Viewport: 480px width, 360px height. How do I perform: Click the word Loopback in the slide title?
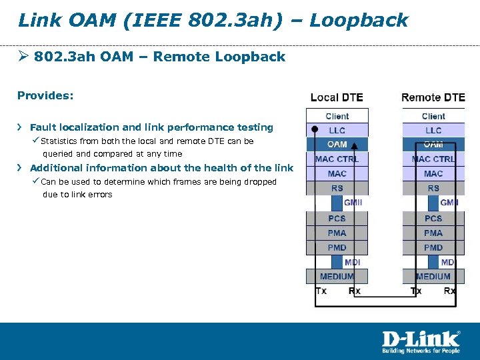pyautogui.click(x=359, y=20)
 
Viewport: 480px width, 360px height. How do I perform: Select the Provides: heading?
pyautogui.click(x=45, y=95)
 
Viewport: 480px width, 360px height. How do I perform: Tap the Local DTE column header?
pyautogui.click(x=337, y=97)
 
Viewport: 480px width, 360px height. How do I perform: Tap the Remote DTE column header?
pyautogui.click(x=433, y=97)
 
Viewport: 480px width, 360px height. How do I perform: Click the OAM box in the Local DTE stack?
pyautogui.click(x=337, y=144)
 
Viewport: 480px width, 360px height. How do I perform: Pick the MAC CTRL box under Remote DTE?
pyautogui.click(x=433, y=159)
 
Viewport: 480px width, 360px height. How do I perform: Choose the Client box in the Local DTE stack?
pyautogui.click(x=337, y=116)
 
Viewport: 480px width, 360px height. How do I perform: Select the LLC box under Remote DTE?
pyautogui.click(x=433, y=130)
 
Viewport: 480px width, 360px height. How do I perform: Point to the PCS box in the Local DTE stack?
pyautogui.click(x=337, y=218)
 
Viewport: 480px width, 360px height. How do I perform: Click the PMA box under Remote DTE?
pyautogui.click(x=433, y=233)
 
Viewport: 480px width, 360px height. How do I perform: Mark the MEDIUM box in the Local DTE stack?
pyautogui.click(x=337, y=276)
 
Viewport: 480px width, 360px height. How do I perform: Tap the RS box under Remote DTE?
pyautogui.click(x=433, y=188)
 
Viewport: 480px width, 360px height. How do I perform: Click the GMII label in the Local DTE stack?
pyautogui.click(x=353, y=203)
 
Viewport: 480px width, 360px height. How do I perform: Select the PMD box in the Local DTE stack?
pyautogui.click(x=337, y=247)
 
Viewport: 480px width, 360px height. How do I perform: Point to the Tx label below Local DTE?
pyautogui.click(x=321, y=291)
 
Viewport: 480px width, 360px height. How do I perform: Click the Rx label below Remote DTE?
pyautogui.click(x=450, y=291)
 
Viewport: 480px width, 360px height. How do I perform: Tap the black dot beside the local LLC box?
pyautogui.click(x=314, y=130)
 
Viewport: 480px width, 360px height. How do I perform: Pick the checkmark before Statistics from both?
pyautogui.click(x=36, y=141)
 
